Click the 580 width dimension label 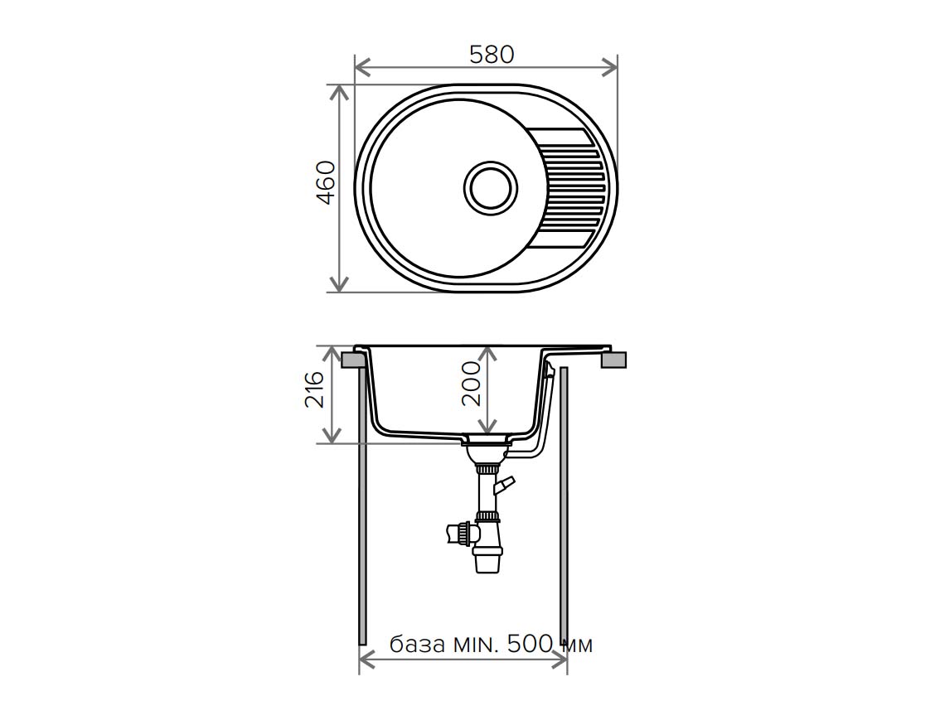(x=492, y=55)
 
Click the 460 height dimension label (x=326, y=183)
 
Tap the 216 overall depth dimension (x=314, y=389)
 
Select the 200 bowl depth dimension (x=471, y=384)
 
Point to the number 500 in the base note (x=530, y=644)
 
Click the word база (x=417, y=645)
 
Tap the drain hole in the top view (x=491, y=187)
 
